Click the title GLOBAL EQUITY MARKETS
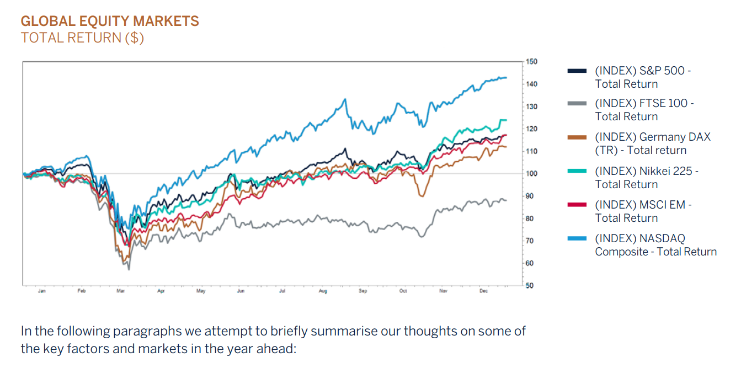click(109, 22)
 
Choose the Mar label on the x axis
click(120, 291)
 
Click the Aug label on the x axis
click(323, 291)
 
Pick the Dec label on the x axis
click(483, 291)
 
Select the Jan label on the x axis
click(42, 291)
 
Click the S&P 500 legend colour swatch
click(577, 71)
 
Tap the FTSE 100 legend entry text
click(644, 110)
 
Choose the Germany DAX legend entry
click(652, 143)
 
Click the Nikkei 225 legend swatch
click(577, 171)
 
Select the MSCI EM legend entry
click(643, 211)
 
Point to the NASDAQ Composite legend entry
click(655, 245)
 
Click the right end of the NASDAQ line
click(506, 78)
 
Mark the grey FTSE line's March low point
click(129, 269)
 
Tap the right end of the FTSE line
click(506, 200)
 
